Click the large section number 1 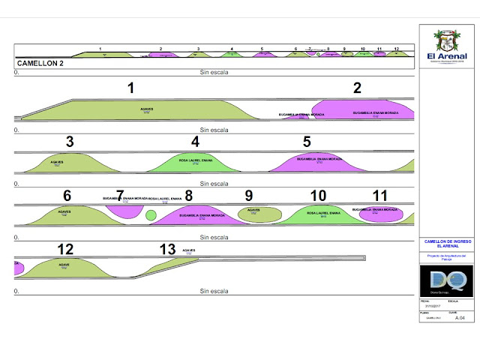click(x=130, y=88)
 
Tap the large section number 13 click(x=167, y=249)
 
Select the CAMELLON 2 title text click(x=40, y=64)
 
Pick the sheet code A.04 click(x=460, y=318)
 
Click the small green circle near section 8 click(x=151, y=216)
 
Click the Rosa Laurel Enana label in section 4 click(x=195, y=161)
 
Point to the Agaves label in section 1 click(x=147, y=109)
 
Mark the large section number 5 click(x=307, y=141)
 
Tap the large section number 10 click(x=318, y=195)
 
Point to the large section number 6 click(x=67, y=195)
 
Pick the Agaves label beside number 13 click(x=188, y=250)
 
